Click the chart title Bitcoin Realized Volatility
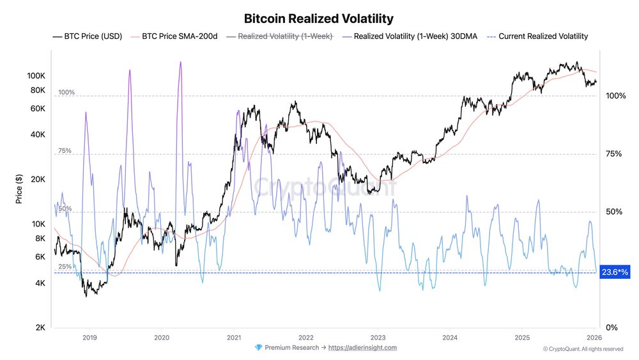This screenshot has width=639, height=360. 319,19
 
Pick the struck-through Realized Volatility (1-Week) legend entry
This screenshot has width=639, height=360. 285,36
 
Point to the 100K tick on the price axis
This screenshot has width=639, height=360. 35,75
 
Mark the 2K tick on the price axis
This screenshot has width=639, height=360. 40,328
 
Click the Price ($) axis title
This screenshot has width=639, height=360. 19,190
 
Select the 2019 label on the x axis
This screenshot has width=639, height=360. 90,337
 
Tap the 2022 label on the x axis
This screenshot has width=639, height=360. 306,337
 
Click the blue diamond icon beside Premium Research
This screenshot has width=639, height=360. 258,348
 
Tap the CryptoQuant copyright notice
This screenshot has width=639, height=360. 583,349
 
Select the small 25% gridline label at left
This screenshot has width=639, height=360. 65,267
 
